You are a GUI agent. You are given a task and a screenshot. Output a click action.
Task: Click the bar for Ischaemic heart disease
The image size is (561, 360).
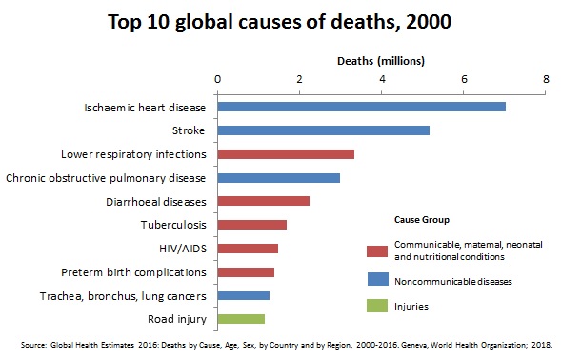pos(362,107)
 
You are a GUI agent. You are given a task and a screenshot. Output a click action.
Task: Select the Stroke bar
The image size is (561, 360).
pos(324,130)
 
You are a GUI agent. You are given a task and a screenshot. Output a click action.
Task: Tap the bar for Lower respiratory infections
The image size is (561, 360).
pos(286,154)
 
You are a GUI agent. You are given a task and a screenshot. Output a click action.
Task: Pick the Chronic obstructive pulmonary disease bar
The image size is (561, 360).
pos(279,178)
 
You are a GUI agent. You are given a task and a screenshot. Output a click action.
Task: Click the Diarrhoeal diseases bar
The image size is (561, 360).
pos(264,201)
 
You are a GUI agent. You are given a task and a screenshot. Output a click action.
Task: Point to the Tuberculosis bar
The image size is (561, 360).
pos(252,225)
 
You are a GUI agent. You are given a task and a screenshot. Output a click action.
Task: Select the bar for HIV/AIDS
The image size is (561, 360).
pos(248,249)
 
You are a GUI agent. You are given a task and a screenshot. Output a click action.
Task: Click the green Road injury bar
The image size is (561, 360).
pos(241,319)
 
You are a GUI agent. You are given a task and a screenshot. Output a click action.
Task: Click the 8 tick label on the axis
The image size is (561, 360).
pos(546,79)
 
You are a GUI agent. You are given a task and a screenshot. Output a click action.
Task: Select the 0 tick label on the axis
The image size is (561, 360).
pos(218,79)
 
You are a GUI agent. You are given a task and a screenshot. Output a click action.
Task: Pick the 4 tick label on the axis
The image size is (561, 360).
pos(382,79)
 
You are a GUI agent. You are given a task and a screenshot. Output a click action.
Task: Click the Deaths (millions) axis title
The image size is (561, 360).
pos(381,61)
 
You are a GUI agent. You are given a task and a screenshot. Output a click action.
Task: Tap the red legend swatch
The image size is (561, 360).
pos(376,251)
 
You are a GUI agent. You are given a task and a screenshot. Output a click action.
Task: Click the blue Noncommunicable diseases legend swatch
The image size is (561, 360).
pos(376,282)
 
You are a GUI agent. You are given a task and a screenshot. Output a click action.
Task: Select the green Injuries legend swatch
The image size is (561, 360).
pos(376,307)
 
